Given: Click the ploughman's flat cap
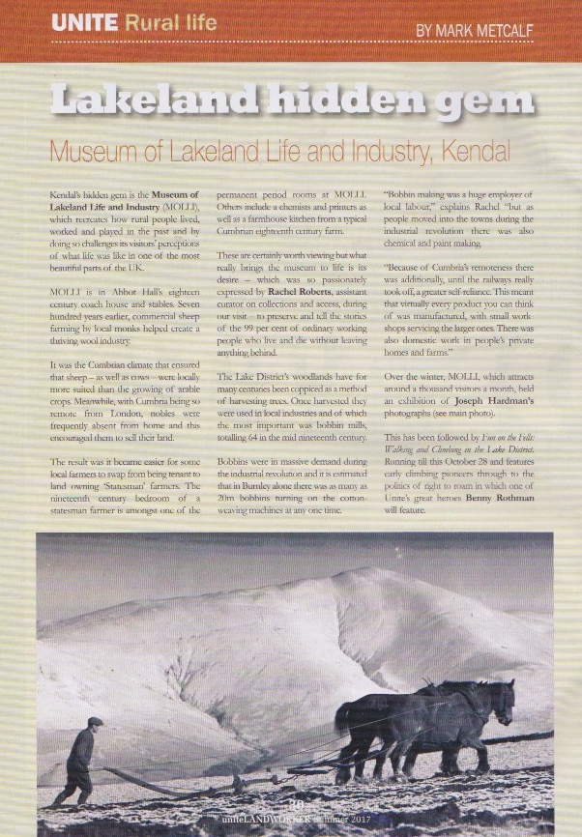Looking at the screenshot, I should (94, 721).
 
